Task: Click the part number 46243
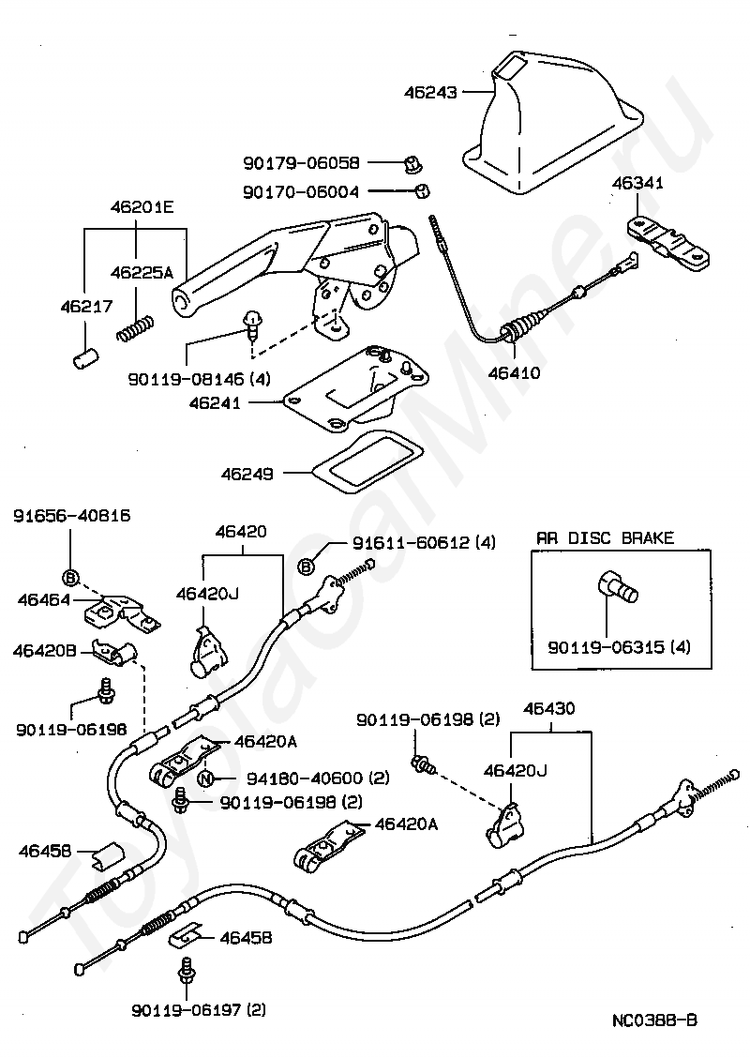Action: tap(430, 92)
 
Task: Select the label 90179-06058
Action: tap(302, 162)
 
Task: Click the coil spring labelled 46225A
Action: tap(135, 328)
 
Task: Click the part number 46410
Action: tap(514, 372)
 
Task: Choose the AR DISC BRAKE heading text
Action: tap(605, 537)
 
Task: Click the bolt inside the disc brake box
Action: tap(617, 585)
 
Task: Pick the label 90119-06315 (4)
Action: tap(619, 647)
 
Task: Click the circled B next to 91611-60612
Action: tap(307, 567)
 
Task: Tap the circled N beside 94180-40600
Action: tap(205, 778)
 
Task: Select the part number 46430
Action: tap(549, 708)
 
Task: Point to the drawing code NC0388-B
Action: tap(654, 1020)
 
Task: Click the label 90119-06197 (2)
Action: tap(199, 1010)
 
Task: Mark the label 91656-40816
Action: tap(71, 516)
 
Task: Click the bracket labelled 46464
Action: tap(122, 612)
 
